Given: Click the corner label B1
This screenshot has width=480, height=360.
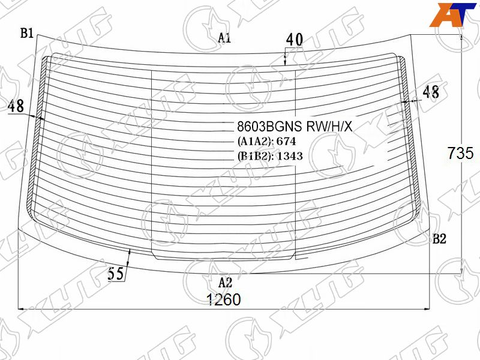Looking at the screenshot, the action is [x=26, y=33].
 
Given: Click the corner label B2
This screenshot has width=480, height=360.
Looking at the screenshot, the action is [x=439, y=239].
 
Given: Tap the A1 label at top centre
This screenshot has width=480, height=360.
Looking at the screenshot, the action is [x=224, y=38].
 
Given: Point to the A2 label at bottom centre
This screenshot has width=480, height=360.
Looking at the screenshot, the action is [x=226, y=283].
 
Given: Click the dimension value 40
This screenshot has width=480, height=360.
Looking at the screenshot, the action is [x=295, y=40].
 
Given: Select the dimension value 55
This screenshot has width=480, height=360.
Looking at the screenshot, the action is [x=116, y=273].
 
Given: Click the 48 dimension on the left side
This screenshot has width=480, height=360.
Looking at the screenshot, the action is [x=16, y=106].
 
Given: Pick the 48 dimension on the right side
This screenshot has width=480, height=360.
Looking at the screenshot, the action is [x=431, y=92].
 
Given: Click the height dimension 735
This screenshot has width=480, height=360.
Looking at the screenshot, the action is [x=460, y=153].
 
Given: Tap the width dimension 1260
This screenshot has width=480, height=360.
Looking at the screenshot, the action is [x=224, y=299].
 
